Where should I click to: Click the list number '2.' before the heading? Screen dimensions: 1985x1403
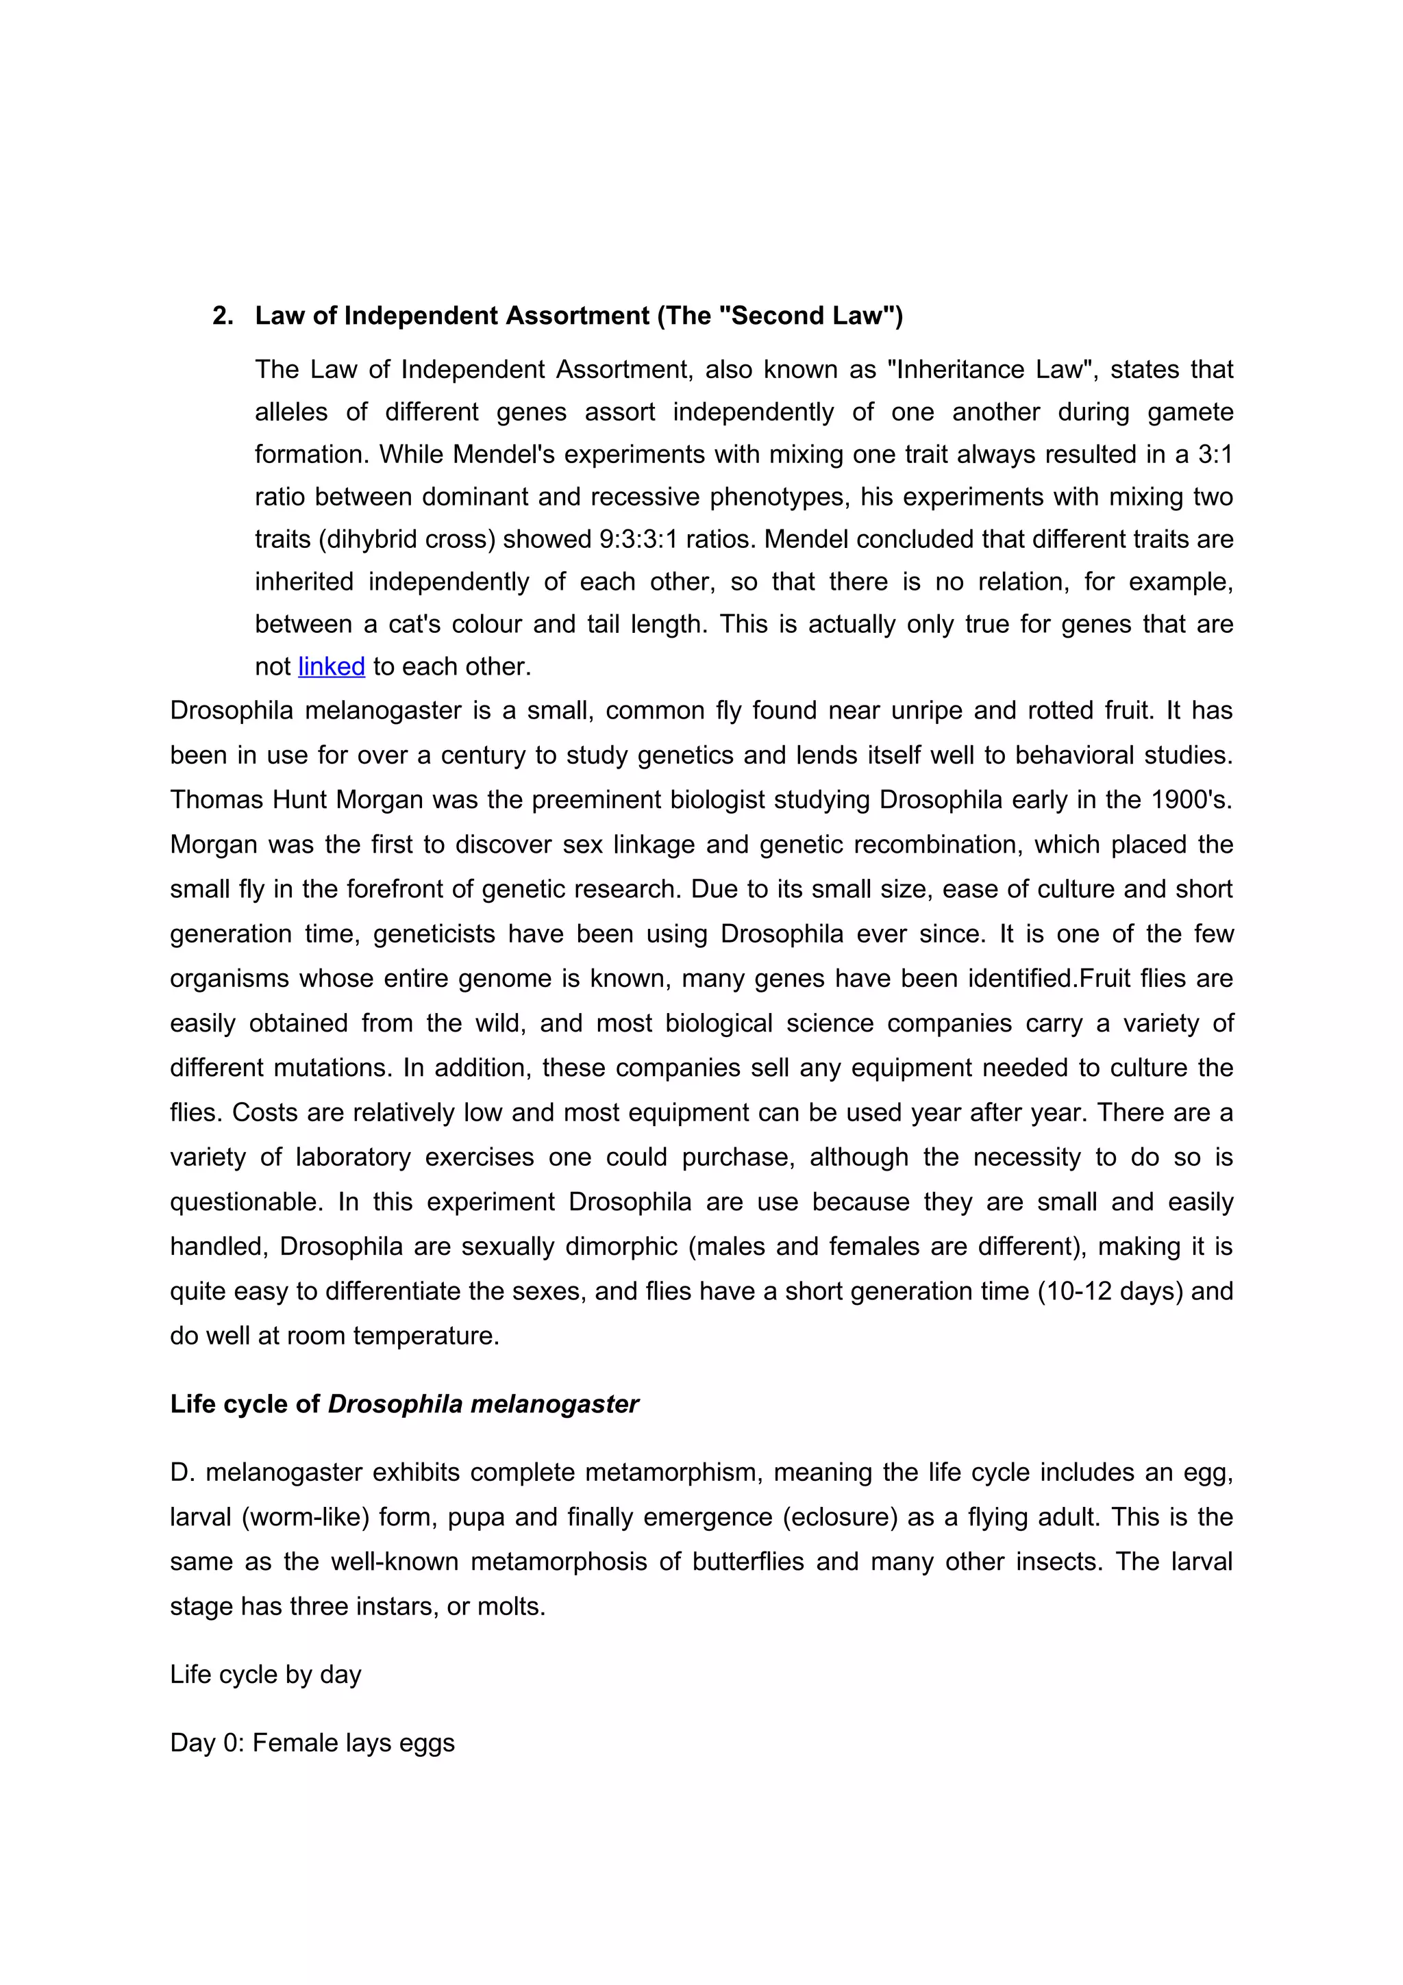point(223,316)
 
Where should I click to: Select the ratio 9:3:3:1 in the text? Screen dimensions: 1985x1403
point(638,540)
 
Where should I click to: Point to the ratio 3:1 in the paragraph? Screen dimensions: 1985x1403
point(1215,455)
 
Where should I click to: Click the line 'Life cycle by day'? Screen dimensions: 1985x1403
point(265,1675)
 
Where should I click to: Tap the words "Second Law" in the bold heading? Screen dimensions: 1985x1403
point(806,316)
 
